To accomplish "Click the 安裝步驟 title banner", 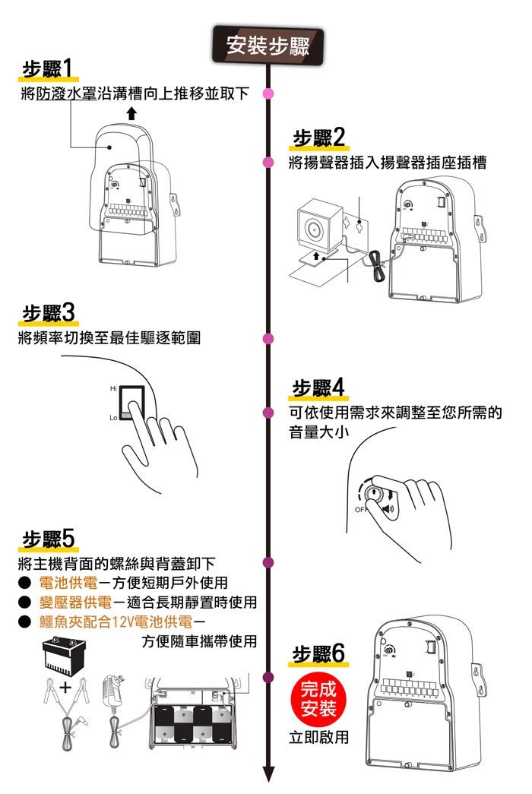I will point(268,46).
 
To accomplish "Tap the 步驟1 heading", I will point(48,70).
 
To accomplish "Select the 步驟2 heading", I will point(318,138).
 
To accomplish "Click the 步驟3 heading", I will point(48,312).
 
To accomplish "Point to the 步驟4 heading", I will point(318,388).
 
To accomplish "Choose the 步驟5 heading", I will point(48,539).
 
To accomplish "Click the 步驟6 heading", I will point(318,654).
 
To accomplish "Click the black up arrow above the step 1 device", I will point(131,114).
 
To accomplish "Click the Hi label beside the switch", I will point(113,389).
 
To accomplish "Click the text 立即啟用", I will point(318,736).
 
